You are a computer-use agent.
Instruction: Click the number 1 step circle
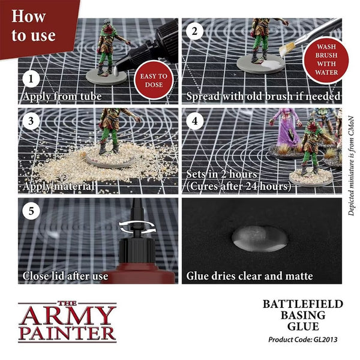point(31,78)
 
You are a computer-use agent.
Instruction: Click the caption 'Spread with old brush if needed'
point(263,96)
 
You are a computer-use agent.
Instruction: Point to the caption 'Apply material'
point(58,187)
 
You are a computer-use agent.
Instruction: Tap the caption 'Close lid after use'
point(65,276)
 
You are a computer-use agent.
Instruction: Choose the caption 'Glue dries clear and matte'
point(250,276)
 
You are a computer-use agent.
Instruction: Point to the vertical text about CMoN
point(351,162)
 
